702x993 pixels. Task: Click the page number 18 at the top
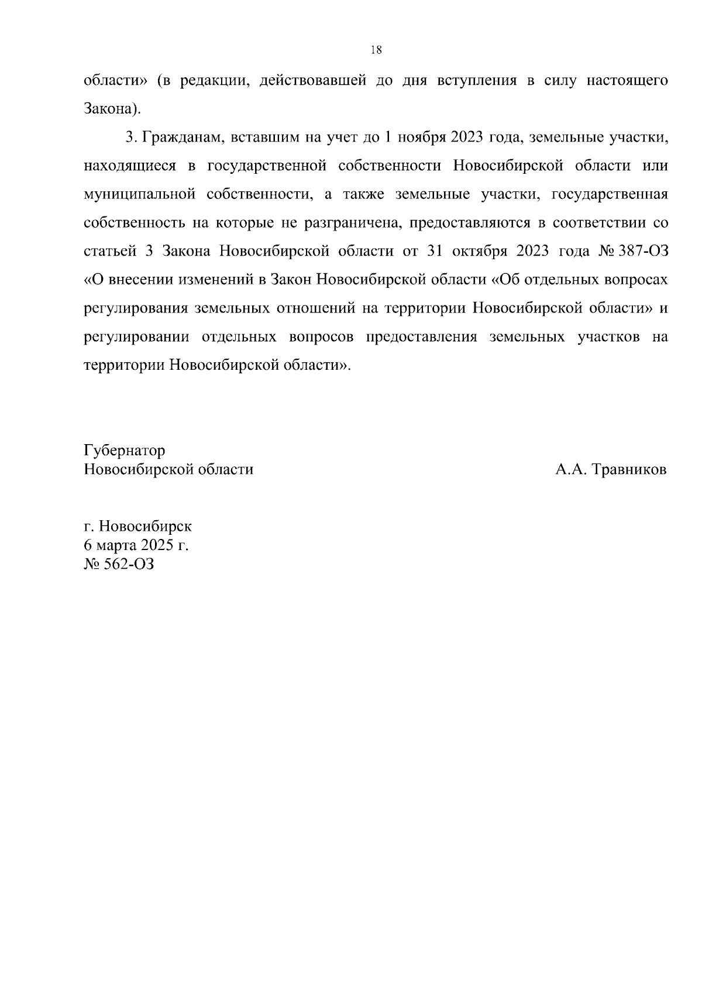pos(376,50)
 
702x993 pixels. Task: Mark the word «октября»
pos(480,251)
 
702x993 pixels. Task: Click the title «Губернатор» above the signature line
pos(125,451)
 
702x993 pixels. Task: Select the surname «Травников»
pos(629,470)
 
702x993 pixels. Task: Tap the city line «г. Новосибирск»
pos(138,526)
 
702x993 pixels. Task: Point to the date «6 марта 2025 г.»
pos(137,545)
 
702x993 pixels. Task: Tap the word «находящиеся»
pos(130,166)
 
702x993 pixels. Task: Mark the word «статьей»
pos(110,251)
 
